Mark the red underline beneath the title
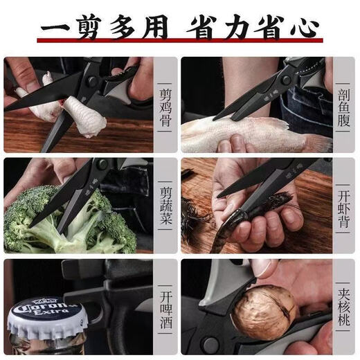179,44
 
